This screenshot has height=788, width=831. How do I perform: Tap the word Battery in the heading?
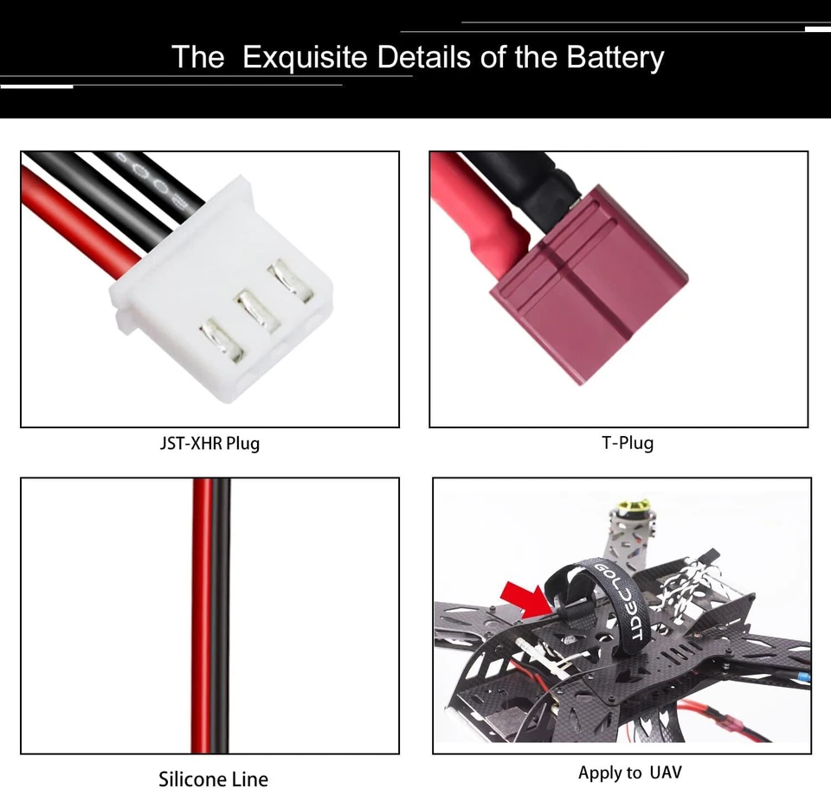tap(615, 57)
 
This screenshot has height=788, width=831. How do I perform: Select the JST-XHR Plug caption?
tap(209, 444)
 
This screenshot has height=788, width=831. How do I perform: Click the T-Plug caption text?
tap(628, 443)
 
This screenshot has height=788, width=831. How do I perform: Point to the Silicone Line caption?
tap(213, 779)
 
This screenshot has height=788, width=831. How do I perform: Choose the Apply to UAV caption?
tap(630, 772)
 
